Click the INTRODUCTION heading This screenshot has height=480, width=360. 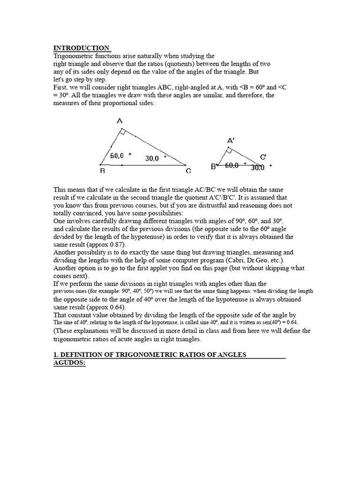tap(82, 48)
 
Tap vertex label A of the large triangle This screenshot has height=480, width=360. tap(120, 121)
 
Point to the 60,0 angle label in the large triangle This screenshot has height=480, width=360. tap(118, 156)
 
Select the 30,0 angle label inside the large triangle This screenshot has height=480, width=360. tap(152, 159)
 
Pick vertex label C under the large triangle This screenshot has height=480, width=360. tap(188, 172)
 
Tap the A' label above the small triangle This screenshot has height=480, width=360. tap(231, 140)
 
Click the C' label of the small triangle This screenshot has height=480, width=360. tap(263, 157)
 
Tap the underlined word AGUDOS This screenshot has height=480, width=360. tap(69, 363)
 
